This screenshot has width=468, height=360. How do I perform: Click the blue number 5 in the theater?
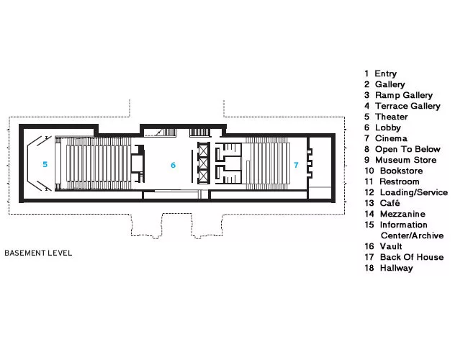[45, 164]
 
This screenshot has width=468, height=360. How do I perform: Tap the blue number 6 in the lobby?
[173, 165]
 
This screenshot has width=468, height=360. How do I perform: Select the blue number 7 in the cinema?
[296, 165]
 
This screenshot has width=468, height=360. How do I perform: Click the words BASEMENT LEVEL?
[38, 253]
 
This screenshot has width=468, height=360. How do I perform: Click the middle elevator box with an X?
[203, 163]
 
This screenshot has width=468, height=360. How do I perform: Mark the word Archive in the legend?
[428, 235]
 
